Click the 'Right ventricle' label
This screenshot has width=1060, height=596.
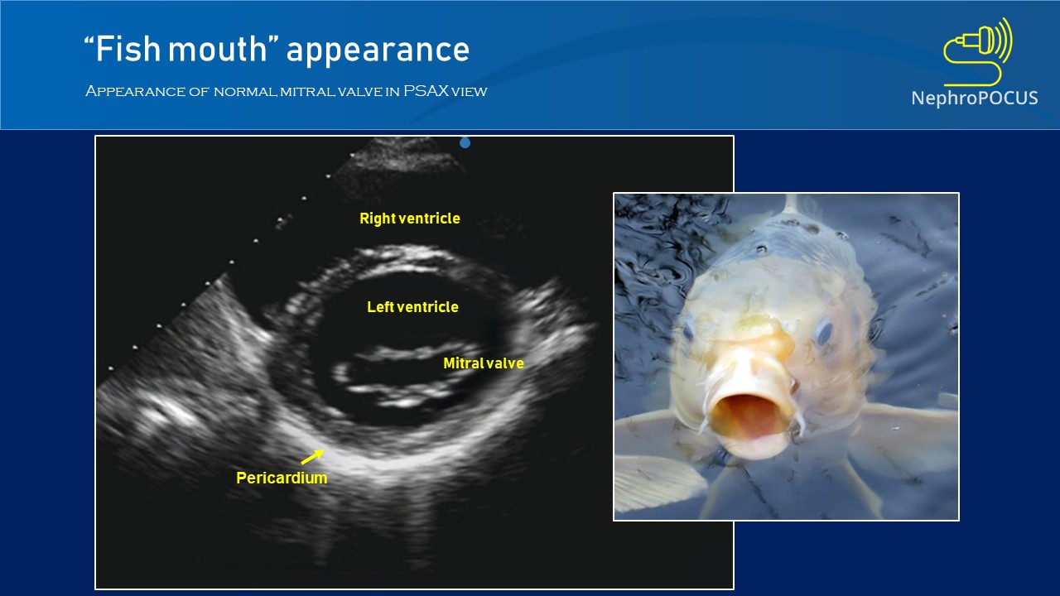(x=409, y=219)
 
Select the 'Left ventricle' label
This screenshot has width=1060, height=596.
(x=412, y=307)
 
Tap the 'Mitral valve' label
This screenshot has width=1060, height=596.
(x=483, y=363)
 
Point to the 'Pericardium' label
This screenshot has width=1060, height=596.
(x=282, y=478)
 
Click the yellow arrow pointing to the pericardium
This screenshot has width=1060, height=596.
(x=312, y=456)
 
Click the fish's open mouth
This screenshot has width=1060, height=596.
(x=749, y=414)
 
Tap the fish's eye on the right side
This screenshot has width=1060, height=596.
(x=822, y=332)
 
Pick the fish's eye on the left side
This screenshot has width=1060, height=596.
(x=687, y=330)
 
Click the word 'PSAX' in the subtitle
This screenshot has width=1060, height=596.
(x=426, y=91)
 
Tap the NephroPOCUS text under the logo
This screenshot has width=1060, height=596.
(x=974, y=99)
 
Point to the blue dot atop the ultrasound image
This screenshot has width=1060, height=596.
(x=465, y=142)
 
